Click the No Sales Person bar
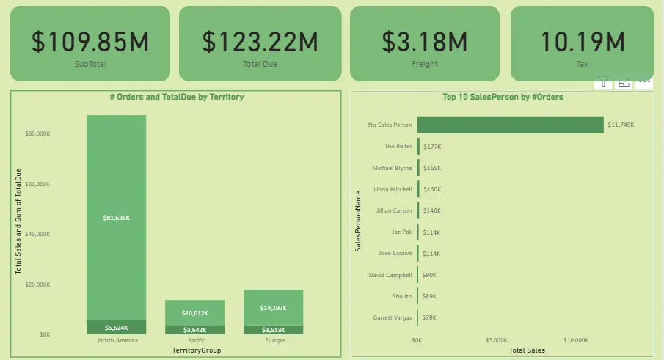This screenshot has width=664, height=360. (x=510, y=125)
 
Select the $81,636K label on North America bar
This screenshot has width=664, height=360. (x=117, y=218)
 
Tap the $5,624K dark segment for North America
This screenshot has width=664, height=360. (x=117, y=328)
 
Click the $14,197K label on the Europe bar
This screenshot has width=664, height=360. (x=273, y=307)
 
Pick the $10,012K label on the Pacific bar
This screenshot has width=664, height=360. (x=194, y=312)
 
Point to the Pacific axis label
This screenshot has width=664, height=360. (x=194, y=340)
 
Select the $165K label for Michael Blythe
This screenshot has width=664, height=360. (x=433, y=168)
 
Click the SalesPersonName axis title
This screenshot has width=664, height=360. (x=358, y=221)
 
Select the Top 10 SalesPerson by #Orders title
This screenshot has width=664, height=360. (x=503, y=97)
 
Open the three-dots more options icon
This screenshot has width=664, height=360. (x=645, y=82)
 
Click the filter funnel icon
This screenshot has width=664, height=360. (x=602, y=82)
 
